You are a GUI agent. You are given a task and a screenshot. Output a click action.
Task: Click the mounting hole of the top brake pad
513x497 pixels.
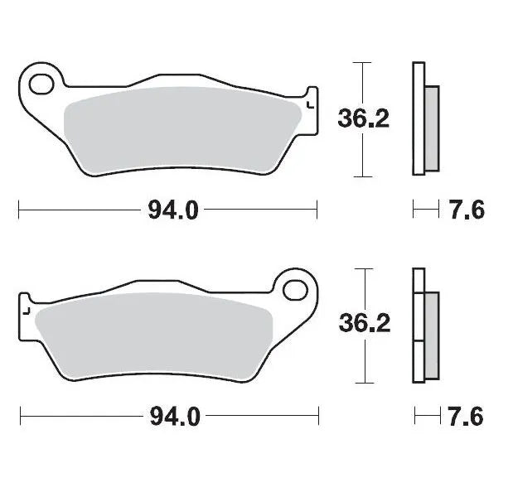click(41, 83)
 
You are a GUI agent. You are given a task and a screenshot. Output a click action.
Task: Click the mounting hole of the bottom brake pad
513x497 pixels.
click(293, 291)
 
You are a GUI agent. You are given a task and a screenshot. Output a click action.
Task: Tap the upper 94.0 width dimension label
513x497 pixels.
click(173, 210)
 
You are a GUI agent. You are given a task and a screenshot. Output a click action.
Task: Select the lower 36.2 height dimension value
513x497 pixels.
click(363, 324)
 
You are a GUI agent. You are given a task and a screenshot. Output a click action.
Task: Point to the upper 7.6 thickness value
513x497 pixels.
click(467, 210)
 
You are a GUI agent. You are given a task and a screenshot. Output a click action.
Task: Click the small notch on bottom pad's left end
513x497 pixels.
click(27, 310)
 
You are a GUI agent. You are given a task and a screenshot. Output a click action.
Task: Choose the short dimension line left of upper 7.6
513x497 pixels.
click(425, 210)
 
